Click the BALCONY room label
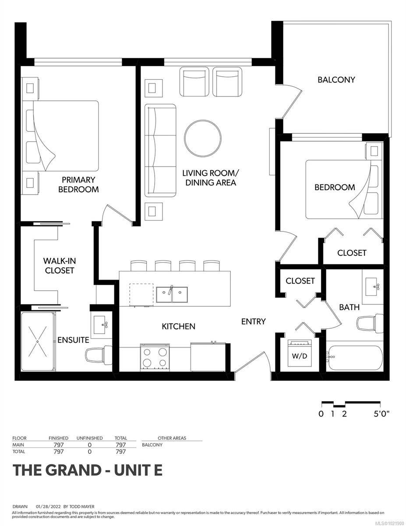336,80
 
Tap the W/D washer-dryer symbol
300,353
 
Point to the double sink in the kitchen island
172,294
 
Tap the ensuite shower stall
38,341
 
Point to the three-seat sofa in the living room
160,150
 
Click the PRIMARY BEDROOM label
78,185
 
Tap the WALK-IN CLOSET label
58,266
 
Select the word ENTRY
253,321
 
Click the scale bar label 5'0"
381,414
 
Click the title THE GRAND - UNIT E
88,470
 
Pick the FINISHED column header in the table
58,438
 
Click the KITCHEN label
178,326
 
